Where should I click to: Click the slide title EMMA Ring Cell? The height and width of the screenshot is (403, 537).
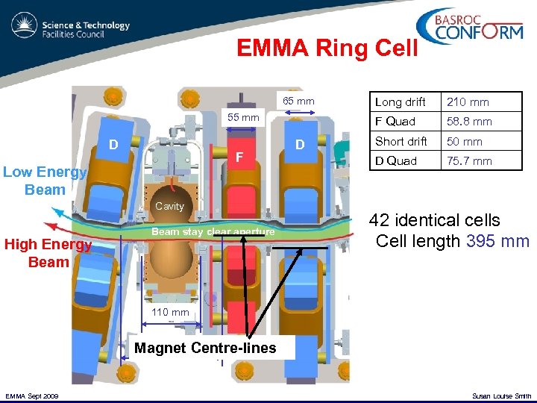point(327,48)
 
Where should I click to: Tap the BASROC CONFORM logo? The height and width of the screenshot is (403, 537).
point(474,27)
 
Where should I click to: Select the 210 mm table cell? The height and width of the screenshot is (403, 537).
point(468,101)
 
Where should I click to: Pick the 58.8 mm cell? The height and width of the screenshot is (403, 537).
point(469,121)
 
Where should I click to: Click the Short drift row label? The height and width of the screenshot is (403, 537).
point(401,141)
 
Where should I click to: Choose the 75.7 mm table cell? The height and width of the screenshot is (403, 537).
point(469,160)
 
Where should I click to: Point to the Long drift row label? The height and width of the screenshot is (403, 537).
point(400,101)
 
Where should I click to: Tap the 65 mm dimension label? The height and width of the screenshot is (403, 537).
point(298,101)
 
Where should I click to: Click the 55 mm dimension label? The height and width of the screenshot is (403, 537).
point(243,117)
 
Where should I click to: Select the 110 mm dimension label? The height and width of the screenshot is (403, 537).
point(171,312)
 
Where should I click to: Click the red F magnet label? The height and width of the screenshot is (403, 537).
point(239,157)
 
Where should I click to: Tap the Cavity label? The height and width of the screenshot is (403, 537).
point(169,206)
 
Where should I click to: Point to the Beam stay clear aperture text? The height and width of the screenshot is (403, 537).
point(214,231)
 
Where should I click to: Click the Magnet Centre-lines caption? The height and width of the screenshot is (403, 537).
point(205,348)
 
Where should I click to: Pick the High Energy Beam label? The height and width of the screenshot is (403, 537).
point(48,253)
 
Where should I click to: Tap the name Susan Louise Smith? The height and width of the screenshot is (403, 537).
point(502,396)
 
